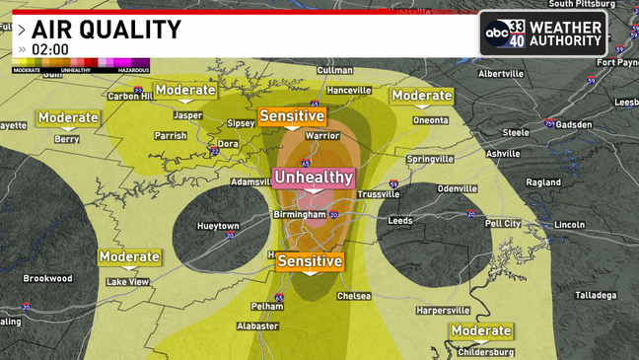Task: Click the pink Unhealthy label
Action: [313, 178]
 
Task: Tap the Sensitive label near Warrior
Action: [292, 116]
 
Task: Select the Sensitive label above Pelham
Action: [310, 261]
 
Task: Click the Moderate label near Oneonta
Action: [421, 96]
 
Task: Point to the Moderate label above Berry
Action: [68, 118]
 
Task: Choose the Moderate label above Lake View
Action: [129, 257]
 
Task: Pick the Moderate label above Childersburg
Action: [481, 331]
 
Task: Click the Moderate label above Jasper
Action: [184, 91]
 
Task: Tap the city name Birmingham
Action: [300, 214]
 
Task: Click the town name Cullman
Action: [335, 71]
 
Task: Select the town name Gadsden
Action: [574, 125]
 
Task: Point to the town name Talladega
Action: [596, 295]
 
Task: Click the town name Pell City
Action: [503, 224]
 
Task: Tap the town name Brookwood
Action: [48, 278]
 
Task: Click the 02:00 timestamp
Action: [50, 48]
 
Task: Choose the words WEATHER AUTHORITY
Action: [565, 34]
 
